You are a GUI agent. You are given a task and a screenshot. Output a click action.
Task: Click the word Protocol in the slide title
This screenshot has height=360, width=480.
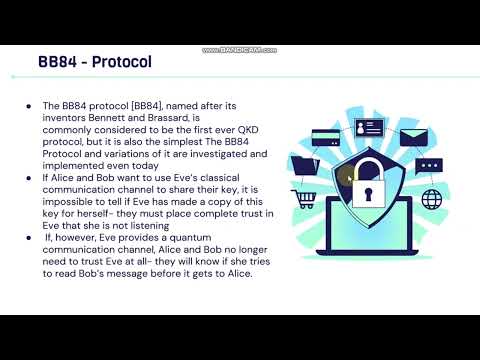point(122,63)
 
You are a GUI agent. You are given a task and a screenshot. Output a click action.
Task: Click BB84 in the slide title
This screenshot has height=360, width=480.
point(59,63)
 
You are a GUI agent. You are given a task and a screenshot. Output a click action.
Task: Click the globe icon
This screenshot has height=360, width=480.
point(433,198)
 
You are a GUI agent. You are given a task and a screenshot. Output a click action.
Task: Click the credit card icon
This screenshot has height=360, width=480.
point(326,132)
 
